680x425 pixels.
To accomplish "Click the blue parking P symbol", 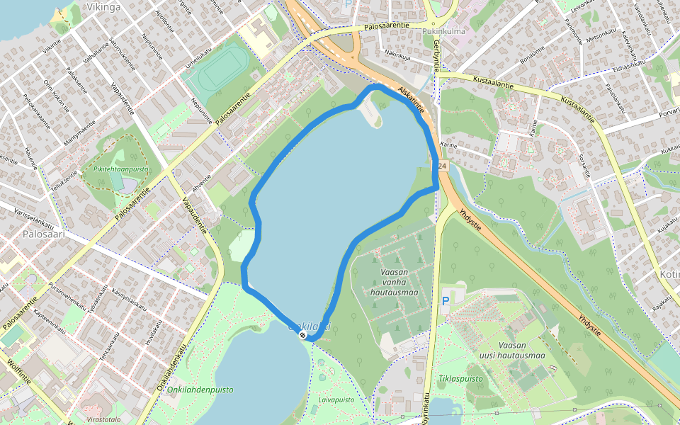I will [446, 301].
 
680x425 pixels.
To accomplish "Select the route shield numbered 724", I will [441, 166].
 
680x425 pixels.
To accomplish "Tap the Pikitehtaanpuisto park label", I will [120, 169].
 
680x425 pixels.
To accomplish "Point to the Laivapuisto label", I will [336, 399].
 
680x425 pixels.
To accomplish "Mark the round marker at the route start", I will [302, 334].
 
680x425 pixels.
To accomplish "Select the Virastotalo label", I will [103, 419].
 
